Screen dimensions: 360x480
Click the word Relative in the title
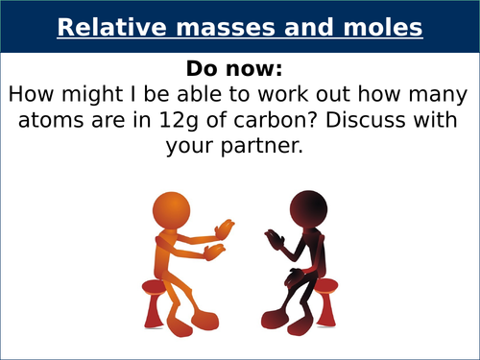click(x=101, y=28)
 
